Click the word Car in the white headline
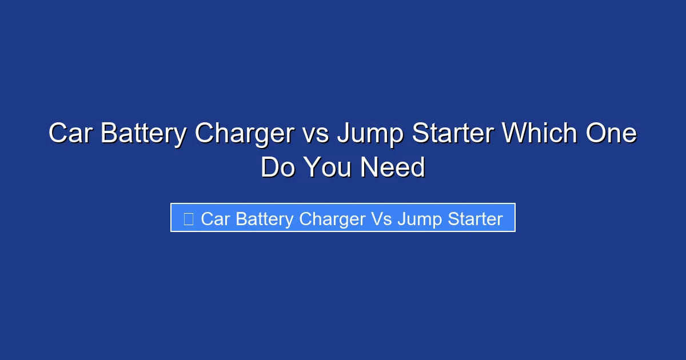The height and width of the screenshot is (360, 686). (68, 134)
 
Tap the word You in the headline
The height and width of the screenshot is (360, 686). (326, 168)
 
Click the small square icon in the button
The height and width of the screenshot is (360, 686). (188, 218)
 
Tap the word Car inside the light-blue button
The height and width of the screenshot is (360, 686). (215, 219)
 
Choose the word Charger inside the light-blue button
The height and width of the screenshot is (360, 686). (332, 219)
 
